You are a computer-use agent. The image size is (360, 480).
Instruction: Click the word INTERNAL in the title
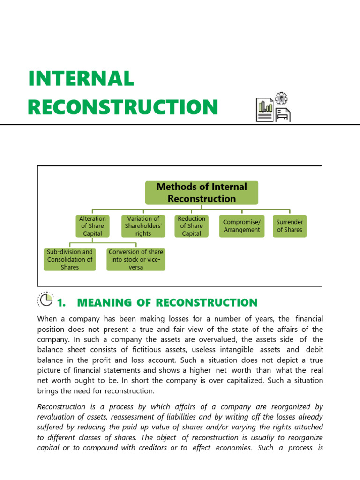[81, 78]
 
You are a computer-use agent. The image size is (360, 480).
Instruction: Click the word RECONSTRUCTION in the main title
[123, 107]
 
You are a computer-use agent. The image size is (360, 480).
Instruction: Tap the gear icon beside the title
[282, 98]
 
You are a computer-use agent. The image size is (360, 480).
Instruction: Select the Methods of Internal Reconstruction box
[202, 193]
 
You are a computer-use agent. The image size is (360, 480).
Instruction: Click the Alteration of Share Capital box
[92, 226]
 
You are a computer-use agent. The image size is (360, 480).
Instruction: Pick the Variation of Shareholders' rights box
[143, 226]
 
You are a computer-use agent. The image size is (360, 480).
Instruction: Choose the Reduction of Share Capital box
[192, 226]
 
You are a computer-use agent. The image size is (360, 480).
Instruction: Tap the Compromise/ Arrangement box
[242, 226]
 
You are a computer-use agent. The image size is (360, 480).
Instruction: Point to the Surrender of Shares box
[290, 226]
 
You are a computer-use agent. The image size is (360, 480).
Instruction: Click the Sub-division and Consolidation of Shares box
[70, 259]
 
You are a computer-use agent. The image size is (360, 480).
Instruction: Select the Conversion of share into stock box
[136, 259]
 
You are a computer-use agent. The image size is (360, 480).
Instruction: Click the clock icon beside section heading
[45, 300]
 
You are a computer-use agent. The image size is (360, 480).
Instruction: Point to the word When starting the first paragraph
[47, 319]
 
